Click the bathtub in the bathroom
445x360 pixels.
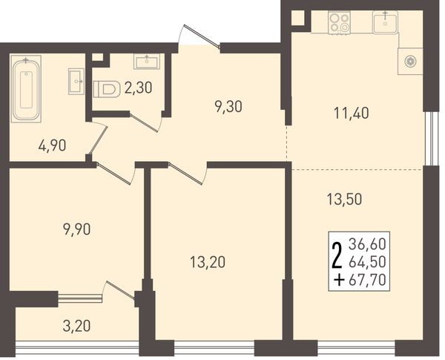coord(26,88)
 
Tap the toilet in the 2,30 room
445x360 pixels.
coord(106,89)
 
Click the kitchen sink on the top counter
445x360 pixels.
coord(385,22)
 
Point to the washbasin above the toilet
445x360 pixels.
coord(146,62)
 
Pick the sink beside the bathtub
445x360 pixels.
coord(76,81)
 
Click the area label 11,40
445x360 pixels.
coord(352,114)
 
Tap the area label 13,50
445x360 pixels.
coord(344,199)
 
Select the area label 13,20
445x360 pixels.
coord(208,262)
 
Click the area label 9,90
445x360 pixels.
coord(77,229)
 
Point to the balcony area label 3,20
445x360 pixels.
coord(76,326)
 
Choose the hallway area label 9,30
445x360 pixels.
coord(228,107)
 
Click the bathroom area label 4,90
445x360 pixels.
coord(52,145)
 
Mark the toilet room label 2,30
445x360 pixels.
coord(139,88)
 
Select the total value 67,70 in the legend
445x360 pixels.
coord(367,280)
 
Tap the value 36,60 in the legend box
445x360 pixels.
coord(367,244)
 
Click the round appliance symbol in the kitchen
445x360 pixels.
coord(410,62)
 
